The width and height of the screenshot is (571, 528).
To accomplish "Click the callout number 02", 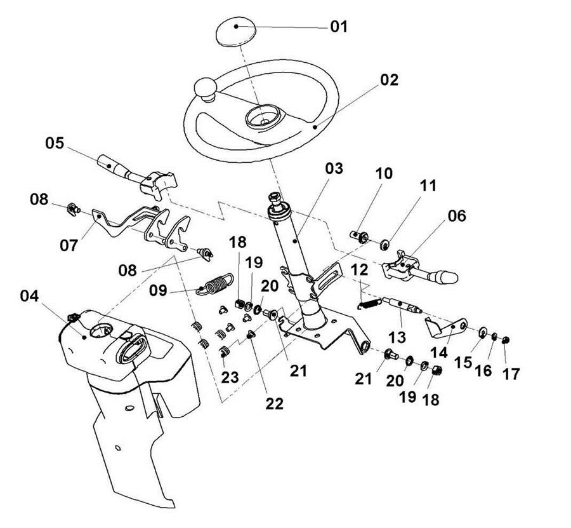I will (389, 79).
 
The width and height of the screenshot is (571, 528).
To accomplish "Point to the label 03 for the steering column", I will (334, 168).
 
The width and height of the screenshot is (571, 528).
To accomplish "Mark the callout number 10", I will (384, 173).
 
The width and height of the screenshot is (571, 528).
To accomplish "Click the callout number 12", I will (360, 269).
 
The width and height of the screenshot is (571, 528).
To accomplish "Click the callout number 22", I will (275, 403).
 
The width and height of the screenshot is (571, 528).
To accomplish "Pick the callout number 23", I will (230, 377).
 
